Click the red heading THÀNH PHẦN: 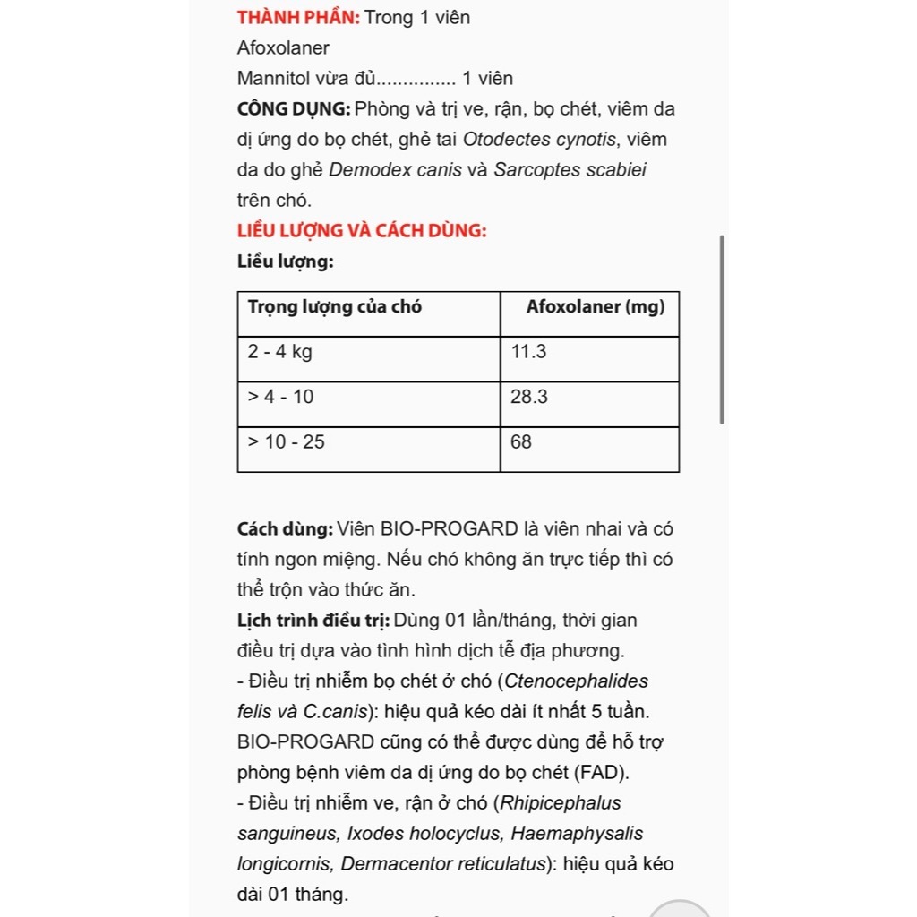[298, 17]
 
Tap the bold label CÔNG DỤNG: [294, 109]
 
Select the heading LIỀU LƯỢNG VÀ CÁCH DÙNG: [362, 230]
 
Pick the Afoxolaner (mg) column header [596, 307]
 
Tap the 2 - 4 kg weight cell [280, 352]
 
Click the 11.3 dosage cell [528, 352]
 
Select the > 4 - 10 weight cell [281, 397]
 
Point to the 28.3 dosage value [528, 397]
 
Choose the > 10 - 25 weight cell [287, 441]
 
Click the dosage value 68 [520, 441]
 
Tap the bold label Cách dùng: [285, 528]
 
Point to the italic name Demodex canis [396, 170]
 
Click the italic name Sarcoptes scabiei [570, 170]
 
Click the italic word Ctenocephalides [577, 681]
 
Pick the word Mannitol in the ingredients [272, 79]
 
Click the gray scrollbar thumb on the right [722, 330]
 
